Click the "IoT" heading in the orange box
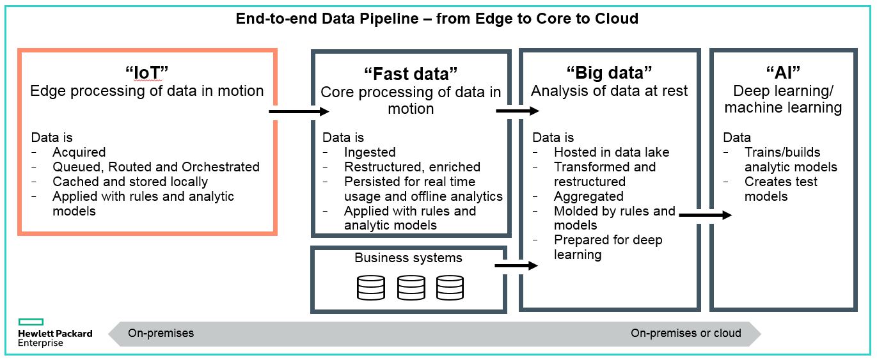point(146,73)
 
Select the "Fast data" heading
point(411,74)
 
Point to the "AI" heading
point(783,73)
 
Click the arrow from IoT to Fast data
point(298,112)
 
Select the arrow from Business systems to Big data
point(516,265)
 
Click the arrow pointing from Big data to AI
point(704,215)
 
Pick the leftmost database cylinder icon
point(371,288)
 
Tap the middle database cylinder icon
point(411,288)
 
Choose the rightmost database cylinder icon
point(450,288)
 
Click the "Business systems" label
point(408,258)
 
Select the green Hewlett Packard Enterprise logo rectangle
point(31,322)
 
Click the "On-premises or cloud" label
point(686,333)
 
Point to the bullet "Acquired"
point(79,152)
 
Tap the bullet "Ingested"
point(370,152)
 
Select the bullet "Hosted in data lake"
point(611,152)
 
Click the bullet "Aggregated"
point(588,196)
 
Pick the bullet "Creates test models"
point(780,189)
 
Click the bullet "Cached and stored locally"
point(130,182)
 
